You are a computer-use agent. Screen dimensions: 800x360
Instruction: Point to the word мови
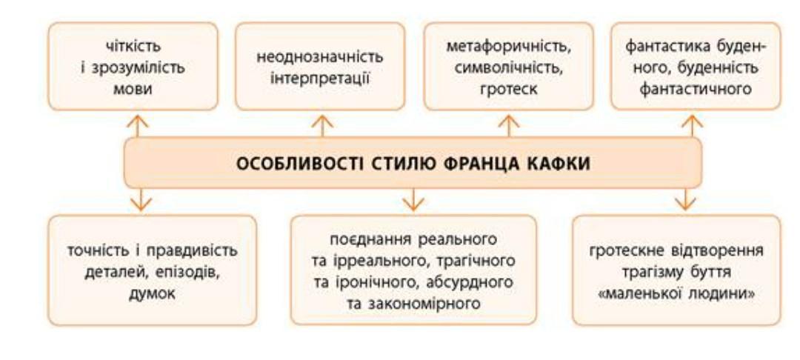click(133, 89)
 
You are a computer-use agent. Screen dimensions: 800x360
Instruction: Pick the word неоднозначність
click(320, 56)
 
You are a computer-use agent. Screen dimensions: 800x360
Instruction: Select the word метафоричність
click(509, 47)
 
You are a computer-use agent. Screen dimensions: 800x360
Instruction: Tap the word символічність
click(509, 68)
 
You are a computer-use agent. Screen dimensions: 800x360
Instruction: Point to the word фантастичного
click(696, 89)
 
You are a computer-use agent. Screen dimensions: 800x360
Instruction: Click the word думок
click(152, 293)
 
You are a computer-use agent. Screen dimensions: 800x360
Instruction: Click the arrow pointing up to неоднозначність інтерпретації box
click(322, 126)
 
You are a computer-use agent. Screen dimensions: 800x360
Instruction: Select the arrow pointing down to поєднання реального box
click(413, 199)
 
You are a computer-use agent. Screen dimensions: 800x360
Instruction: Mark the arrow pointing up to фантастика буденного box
click(692, 126)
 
